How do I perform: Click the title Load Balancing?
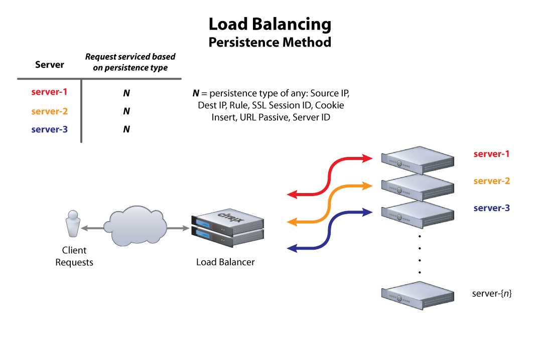click(270, 24)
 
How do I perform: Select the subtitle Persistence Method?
click(270, 42)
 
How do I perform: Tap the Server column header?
click(50, 65)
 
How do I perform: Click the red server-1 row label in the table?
click(49, 92)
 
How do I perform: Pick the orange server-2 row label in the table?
click(49, 111)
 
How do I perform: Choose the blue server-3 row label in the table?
click(49, 129)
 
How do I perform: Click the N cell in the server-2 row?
click(126, 111)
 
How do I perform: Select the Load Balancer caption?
click(225, 262)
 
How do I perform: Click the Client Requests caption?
click(74, 256)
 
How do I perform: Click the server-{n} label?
click(492, 293)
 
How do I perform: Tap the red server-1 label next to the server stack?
click(491, 154)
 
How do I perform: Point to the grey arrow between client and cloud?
click(93, 229)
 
